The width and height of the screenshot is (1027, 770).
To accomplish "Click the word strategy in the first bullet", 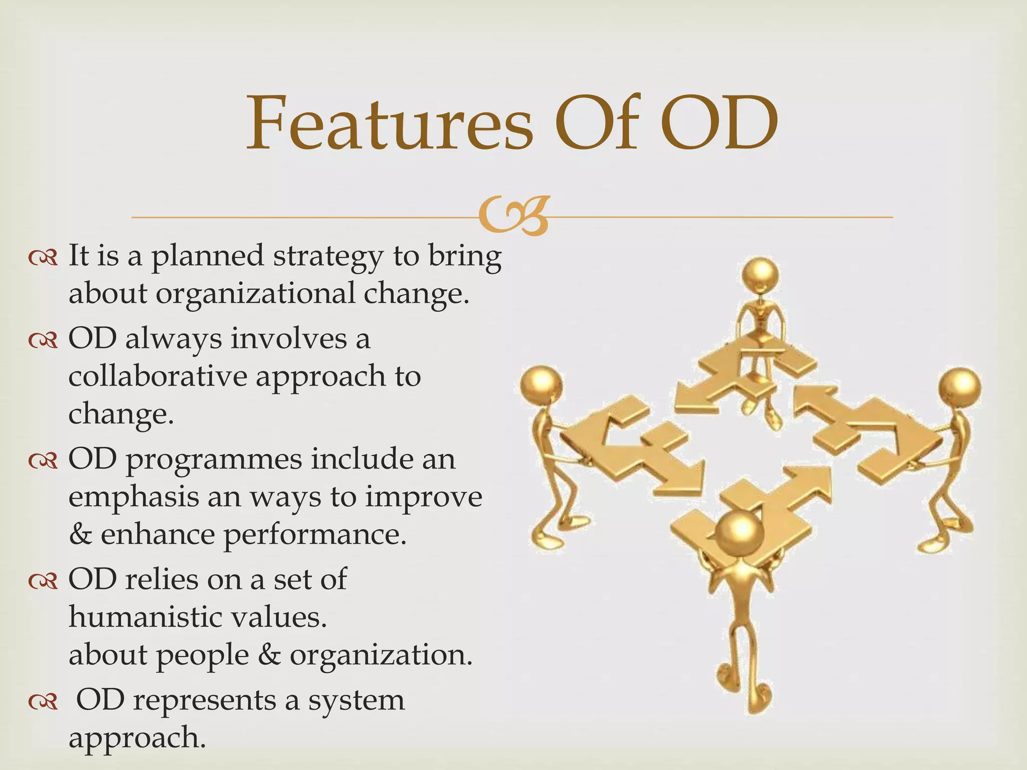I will (327, 257).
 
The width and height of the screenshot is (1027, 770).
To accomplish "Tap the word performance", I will (313, 535).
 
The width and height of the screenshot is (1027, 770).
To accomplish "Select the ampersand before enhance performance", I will (80, 535).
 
